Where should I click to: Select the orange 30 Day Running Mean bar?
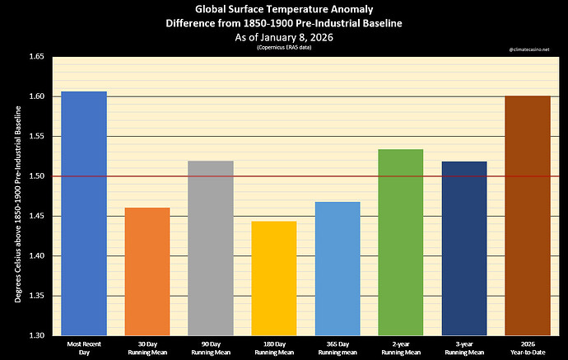(x=148, y=271)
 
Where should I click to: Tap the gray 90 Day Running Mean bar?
(x=211, y=247)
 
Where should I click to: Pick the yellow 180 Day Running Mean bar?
(x=274, y=278)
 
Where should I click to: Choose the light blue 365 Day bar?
(x=338, y=268)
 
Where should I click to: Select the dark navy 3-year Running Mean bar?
(x=463, y=248)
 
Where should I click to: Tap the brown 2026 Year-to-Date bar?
(x=527, y=215)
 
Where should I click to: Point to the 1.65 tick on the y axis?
(x=37, y=57)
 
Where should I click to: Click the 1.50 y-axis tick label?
(x=37, y=176)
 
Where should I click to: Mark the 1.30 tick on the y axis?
(x=37, y=335)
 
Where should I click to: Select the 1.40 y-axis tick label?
(x=37, y=256)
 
